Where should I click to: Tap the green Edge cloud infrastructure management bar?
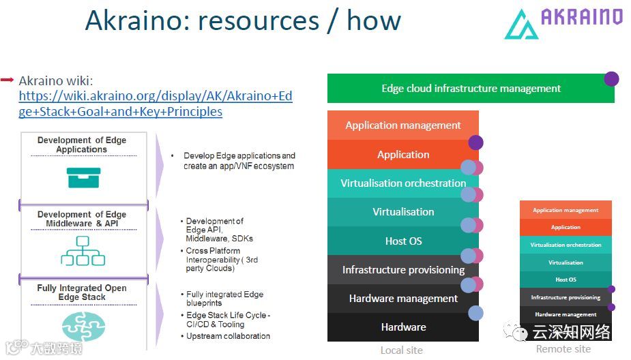click(x=471, y=89)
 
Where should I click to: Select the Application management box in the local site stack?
click(x=402, y=125)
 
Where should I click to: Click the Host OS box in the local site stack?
click(x=402, y=241)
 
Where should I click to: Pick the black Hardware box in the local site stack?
click(x=402, y=327)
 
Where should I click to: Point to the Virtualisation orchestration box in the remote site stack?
click(x=566, y=245)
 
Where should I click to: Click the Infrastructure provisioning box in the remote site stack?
click(x=566, y=297)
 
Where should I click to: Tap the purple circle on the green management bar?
click(x=611, y=78)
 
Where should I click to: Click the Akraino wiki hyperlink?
click(x=155, y=104)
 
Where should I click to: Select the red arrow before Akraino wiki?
click(x=8, y=80)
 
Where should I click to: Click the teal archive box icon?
click(x=83, y=177)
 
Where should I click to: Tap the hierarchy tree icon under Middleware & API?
click(x=83, y=251)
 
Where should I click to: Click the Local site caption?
click(x=401, y=350)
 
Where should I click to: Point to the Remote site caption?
click(x=563, y=349)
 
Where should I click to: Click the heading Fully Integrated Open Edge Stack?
click(x=82, y=292)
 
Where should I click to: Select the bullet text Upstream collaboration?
click(x=228, y=336)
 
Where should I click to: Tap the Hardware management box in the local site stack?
click(x=402, y=299)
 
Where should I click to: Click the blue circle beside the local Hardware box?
click(x=476, y=313)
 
